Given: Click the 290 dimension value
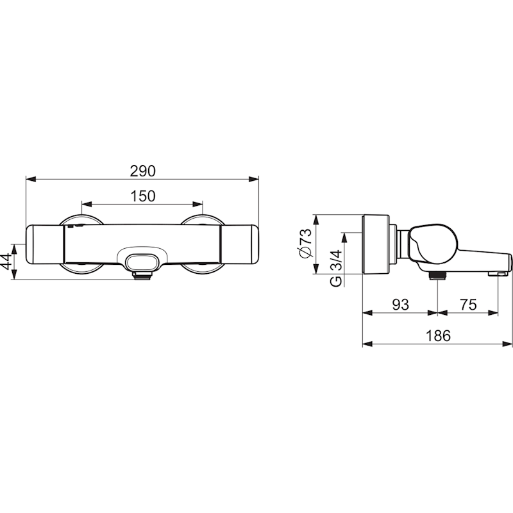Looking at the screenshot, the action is point(142,171).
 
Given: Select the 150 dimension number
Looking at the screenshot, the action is point(142,196).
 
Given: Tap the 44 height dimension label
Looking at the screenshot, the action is point(6,262).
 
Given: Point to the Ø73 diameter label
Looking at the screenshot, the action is point(306,243).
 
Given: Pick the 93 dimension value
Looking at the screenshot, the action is point(400,305).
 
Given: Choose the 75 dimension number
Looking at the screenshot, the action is point(468,305).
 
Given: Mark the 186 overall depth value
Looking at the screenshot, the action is point(438,335).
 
